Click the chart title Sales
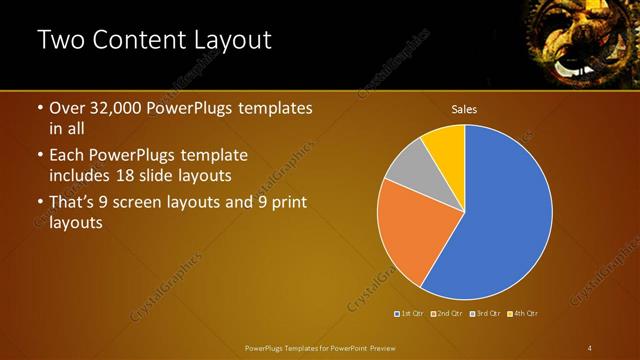click(x=464, y=108)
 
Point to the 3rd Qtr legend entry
click(x=485, y=313)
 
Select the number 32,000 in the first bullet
click(x=114, y=108)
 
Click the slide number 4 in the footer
click(x=589, y=347)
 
